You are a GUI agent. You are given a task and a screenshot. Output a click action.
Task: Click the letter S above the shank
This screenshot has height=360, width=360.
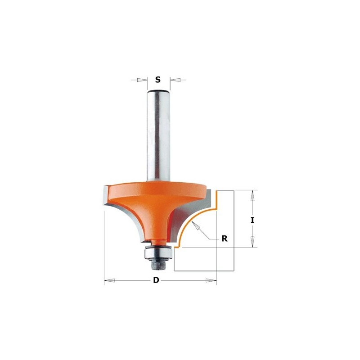tap(158, 80)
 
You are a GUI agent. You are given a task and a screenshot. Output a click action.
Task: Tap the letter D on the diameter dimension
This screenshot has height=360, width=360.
tap(156, 280)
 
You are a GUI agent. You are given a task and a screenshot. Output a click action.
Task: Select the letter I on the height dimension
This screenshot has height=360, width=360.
tap(252, 220)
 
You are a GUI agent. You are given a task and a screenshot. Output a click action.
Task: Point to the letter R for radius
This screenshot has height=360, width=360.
tap(225, 239)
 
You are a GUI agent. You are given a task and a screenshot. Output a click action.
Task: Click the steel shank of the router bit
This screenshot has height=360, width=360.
tap(158, 136)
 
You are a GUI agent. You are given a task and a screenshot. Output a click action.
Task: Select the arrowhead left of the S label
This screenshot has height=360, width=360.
tap(142, 80)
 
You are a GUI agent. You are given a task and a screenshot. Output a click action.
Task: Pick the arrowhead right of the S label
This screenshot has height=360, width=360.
tap(175, 80)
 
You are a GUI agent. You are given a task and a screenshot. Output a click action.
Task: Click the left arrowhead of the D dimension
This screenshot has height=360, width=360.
tap(109, 280)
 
